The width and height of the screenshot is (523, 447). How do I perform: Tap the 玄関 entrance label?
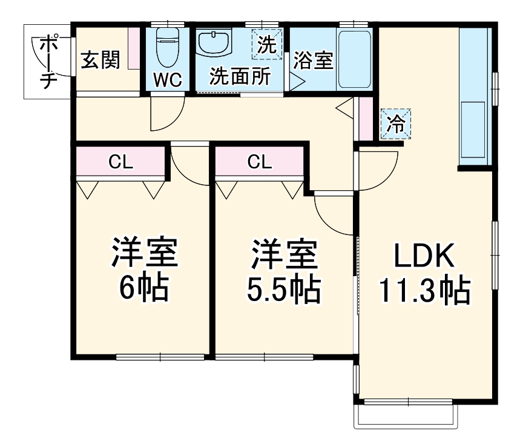[x=100, y=59]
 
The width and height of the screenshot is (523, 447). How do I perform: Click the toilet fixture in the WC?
[x=167, y=48]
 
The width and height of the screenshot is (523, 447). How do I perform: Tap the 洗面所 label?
[x=240, y=77]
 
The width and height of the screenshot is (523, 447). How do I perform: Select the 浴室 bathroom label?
[x=314, y=60]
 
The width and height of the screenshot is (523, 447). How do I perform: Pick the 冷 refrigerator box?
[x=396, y=124]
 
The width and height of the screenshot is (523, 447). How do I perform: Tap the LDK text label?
[x=424, y=258]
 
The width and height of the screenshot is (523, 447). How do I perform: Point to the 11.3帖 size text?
[x=424, y=291]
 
